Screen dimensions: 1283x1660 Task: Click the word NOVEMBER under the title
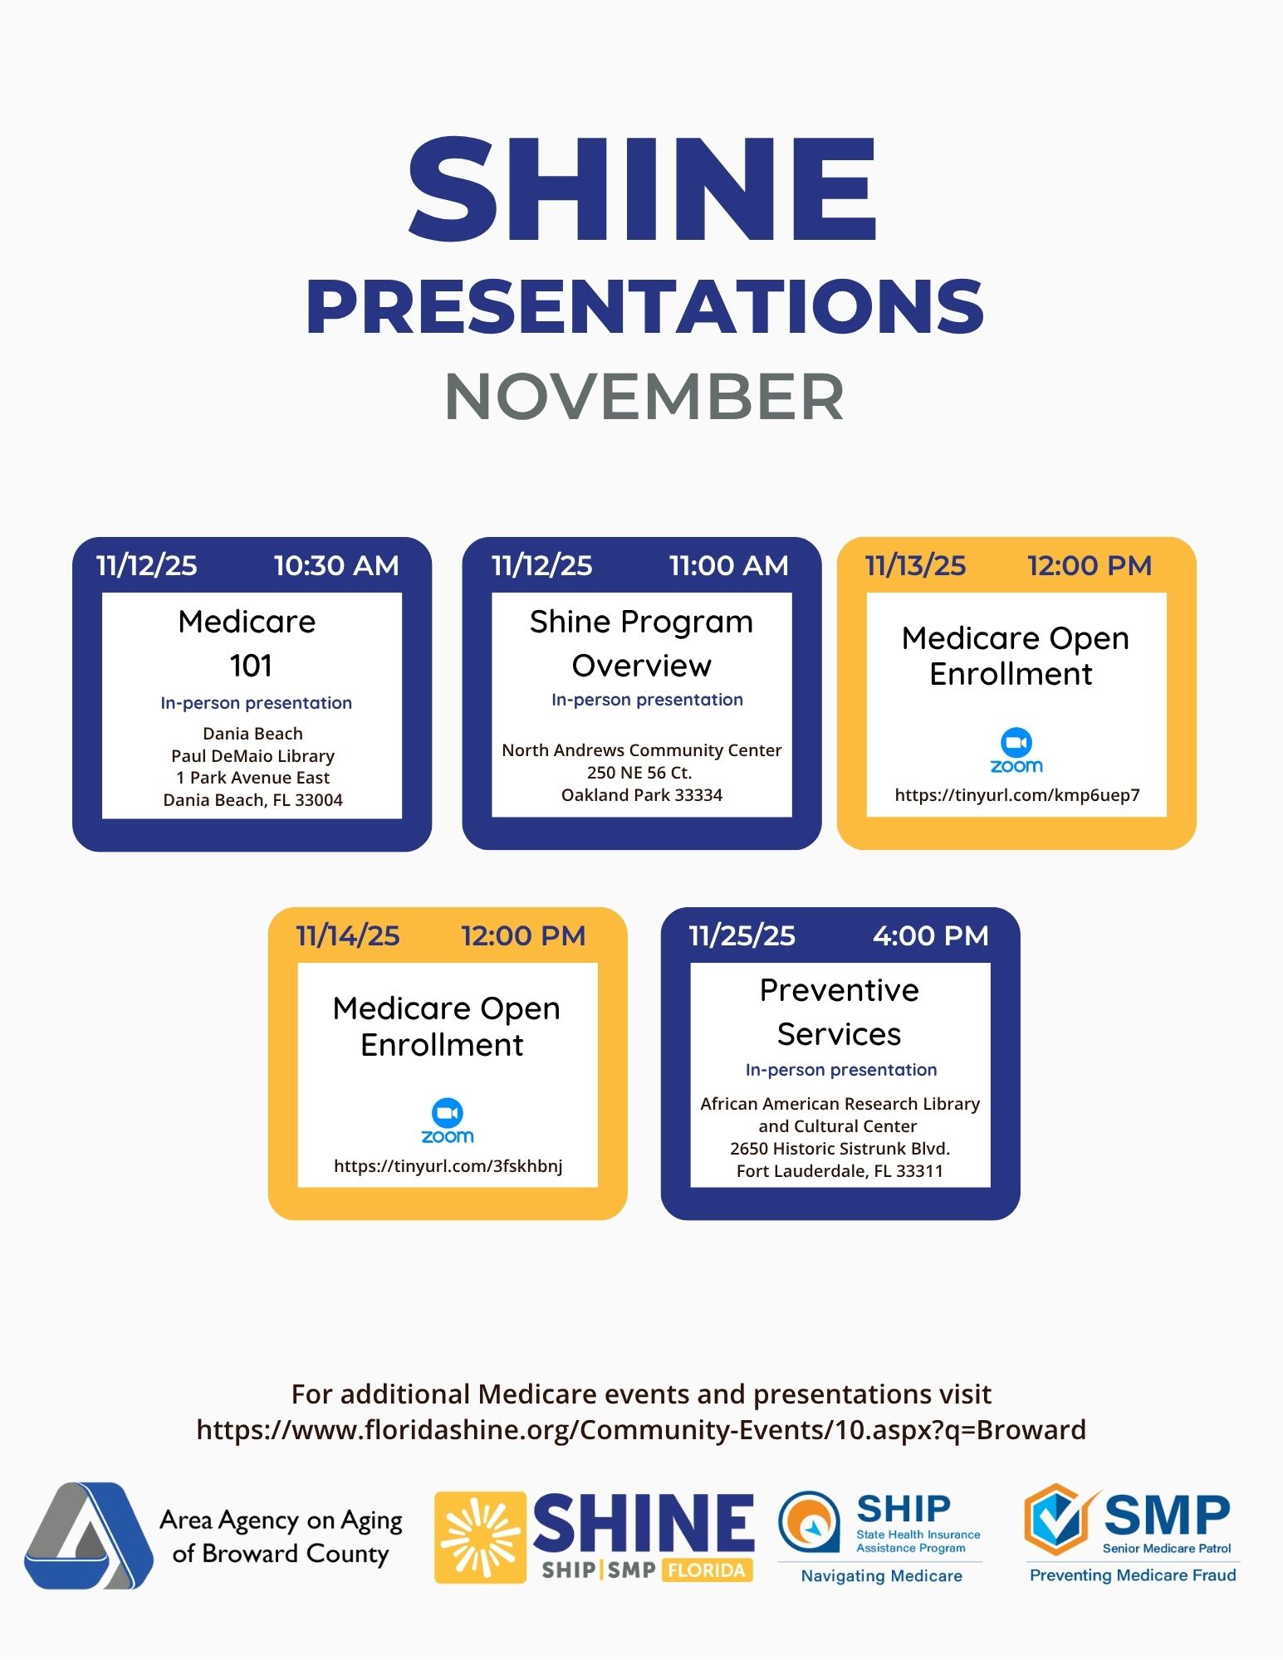pos(644,397)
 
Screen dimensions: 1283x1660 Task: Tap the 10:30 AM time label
pos(336,566)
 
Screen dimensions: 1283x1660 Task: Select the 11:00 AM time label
pos(728,566)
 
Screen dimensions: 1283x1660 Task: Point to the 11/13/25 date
pos(915,566)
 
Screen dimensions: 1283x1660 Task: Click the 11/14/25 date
pos(348,936)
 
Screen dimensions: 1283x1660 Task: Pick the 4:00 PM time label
pos(930,936)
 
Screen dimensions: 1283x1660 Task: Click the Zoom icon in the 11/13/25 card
pos(1016,750)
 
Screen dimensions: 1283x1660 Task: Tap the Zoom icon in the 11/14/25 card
pos(448,1121)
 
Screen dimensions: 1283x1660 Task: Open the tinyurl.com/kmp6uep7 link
pos(1016,795)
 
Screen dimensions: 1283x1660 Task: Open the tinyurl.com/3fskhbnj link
pos(448,1166)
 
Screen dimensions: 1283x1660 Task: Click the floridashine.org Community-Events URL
pos(641,1430)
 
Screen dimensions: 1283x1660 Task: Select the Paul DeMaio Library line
pos(252,756)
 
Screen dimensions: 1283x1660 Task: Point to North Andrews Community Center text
pos(641,750)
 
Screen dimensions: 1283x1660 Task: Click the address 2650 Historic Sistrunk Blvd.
pos(840,1149)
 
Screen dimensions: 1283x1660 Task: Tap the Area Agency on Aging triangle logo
pos(88,1535)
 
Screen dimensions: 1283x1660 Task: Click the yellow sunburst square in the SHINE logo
pos(480,1537)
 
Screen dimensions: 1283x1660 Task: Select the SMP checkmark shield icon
pos(1058,1520)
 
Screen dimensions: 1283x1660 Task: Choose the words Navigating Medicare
pos(881,1576)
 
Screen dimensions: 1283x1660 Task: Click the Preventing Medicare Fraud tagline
pos(1133,1575)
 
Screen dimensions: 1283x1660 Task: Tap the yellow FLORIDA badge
pos(707,1570)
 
